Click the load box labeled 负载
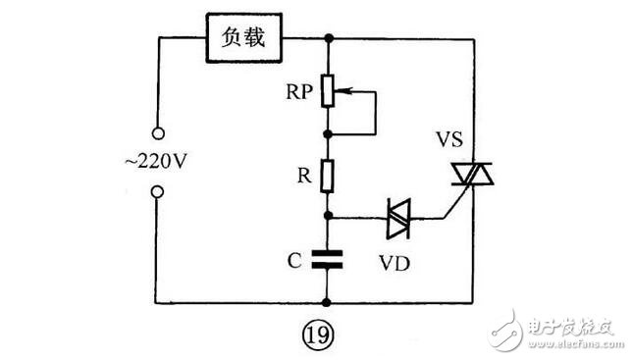[x=243, y=38]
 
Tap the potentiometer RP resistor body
[x=328, y=90]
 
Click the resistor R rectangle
[x=328, y=176]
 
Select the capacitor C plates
[x=328, y=259]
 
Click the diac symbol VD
[x=398, y=219]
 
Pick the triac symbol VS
[x=472, y=174]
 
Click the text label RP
[x=299, y=92]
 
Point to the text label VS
[x=449, y=139]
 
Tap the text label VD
[x=395, y=263]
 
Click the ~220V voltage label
[x=156, y=162]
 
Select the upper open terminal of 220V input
[x=158, y=133]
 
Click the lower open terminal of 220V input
[x=158, y=191]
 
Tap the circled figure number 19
[x=318, y=334]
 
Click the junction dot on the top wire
[x=329, y=38]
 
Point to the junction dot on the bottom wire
[x=327, y=302]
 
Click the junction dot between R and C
[x=328, y=216]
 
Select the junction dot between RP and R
[x=328, y=134]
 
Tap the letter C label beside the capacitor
[x=294, y=261]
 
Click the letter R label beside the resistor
[x=304, y=176]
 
